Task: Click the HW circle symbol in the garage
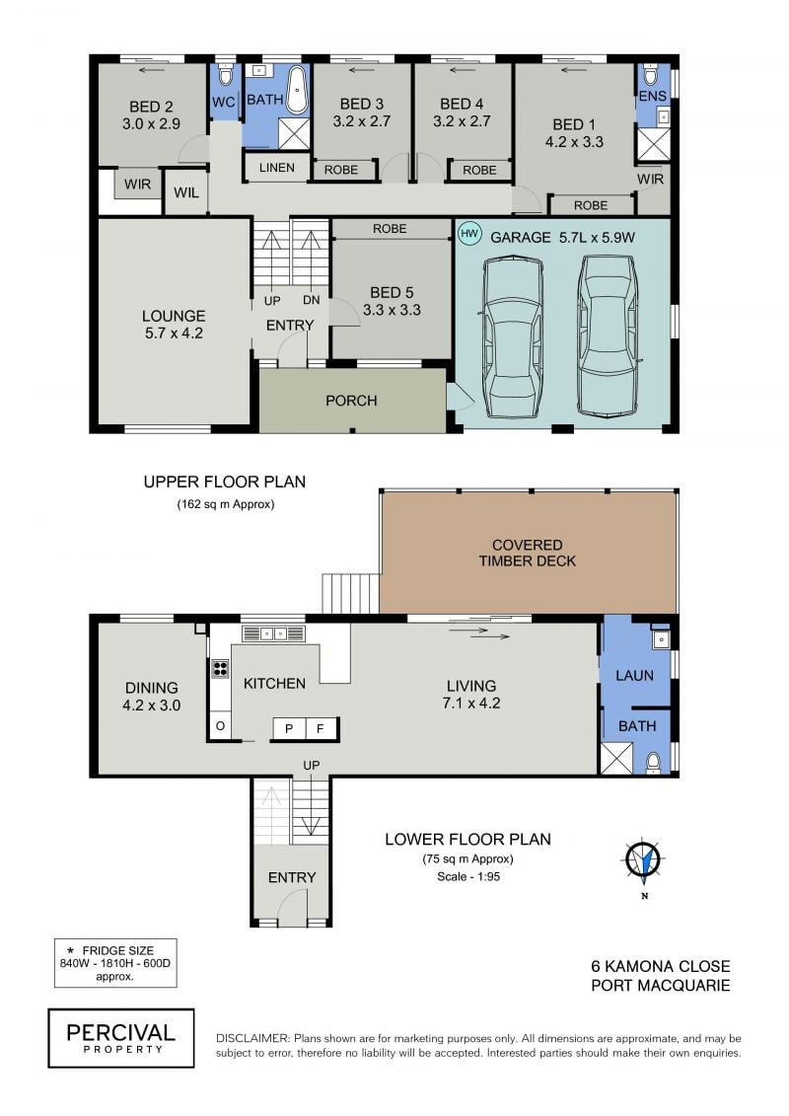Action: [x=469, y=234]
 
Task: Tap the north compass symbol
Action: [x=644, y=860]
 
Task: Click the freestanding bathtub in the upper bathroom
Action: [x=298, y=90]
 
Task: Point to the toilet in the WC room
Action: [x=226, y=75]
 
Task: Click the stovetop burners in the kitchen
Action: [x=221, y=668]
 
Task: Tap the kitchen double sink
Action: [x=273, y=632]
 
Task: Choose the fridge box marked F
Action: [x=321, y=728]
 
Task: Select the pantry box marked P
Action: [x=290, y=728]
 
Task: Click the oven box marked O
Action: [x=220, y=726]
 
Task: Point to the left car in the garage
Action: [x=512, y=337]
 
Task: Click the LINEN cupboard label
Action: [x=277, y=168]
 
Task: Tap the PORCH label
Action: [x=351, y=401]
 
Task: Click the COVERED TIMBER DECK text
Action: [x=528, y=553]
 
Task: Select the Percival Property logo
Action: [x=121, y=1038]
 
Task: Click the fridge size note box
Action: [x=115, y=963]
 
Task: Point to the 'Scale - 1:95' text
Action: [x=468, y=877]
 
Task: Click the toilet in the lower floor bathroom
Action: [x=653, y=763]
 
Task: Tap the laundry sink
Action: [x=661, y=639]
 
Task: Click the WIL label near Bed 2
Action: [x=186, y=192]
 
